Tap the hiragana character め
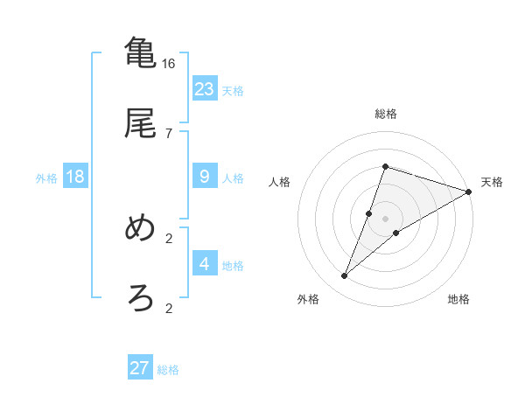pyautogui.click(x=141, y=228)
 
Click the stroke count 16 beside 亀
pyautogui.click(x=169, y=63)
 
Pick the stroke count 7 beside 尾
pyautogui.click(x=168, y=133)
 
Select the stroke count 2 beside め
pyautogui.click(x=169, y=238)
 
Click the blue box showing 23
pyautogui.click(x=205, y=89)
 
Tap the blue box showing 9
pyautogui.click(x=205, y=177)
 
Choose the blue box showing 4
pyautogui.click(x=205, y=264)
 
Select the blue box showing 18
pyautogui.click(x=75, y=177)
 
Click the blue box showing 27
pyautogui.click(x=140, y=368)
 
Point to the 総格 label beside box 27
pyautogui.click(x=168, y=370)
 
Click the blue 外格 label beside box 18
pyautogui.click(x=46, y=178)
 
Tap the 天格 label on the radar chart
pyautogui.click(x=492, y=182)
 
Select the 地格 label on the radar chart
pyautogui.click(x=458, y=299)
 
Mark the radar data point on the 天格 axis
pyautogui.click(x=469, y=192)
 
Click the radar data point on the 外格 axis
pyautogui.click(x=345, y=276)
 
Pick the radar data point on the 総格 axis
pyautogui.click(x=385, y=166)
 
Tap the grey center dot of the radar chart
pyautogui.click(x=385, y=219)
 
